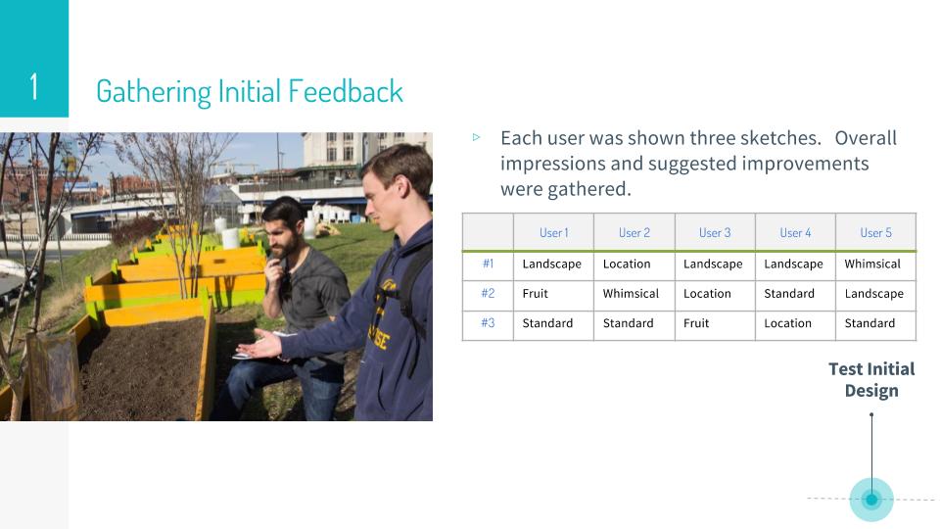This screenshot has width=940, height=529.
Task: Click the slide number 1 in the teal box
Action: tap(34, 86)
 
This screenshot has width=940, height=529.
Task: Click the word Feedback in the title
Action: tap(346, 91)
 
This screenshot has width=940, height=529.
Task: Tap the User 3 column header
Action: tap(715, 233)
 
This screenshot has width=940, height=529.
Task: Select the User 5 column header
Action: tap(875, 233)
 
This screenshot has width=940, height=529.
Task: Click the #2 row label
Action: tap(488, 293)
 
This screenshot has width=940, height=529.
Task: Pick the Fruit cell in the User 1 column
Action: tap(535, 293)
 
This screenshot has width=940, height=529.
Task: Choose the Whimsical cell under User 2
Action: tap(631, 293)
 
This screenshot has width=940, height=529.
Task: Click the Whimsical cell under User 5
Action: tap(872, 264)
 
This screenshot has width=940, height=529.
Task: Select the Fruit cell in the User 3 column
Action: tap(696, 323)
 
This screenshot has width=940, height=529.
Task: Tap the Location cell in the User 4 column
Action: tap(787, 323)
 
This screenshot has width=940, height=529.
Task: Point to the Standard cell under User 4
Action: tap(789, 293)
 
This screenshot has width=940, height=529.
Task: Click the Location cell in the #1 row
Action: tap(627, 264)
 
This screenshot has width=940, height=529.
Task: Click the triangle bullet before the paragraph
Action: tap(476, 137)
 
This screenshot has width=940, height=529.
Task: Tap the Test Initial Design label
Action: tap(871, 380)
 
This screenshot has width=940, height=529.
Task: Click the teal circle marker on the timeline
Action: tap(871, 499)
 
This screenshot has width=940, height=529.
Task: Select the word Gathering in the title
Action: tap(154, 92)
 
